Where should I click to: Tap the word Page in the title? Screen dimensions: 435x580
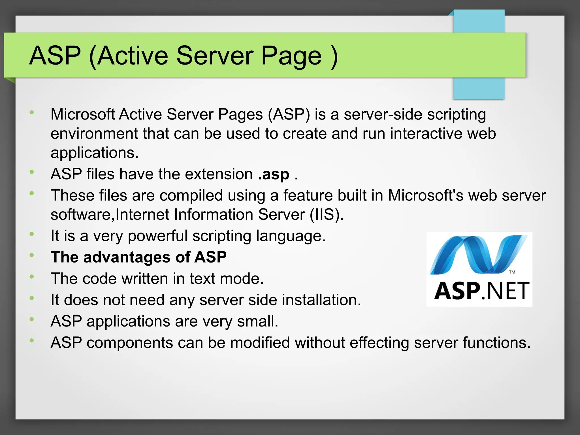click(291, 56)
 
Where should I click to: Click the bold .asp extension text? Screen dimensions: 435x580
click(274, 174)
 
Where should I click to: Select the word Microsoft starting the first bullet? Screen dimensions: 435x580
click(83, 114)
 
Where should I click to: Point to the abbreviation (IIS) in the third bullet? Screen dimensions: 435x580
click(326, 214)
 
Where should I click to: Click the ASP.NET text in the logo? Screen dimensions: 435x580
click(481, 291)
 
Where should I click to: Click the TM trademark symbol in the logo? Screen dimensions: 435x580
click(512, 272)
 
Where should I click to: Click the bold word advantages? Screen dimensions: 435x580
click(127, 257)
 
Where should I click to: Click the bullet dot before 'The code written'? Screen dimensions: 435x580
click(32, 277)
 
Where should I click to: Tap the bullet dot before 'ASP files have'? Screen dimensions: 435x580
click(32, 172)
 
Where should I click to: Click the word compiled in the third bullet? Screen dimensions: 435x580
click(191, 195)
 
